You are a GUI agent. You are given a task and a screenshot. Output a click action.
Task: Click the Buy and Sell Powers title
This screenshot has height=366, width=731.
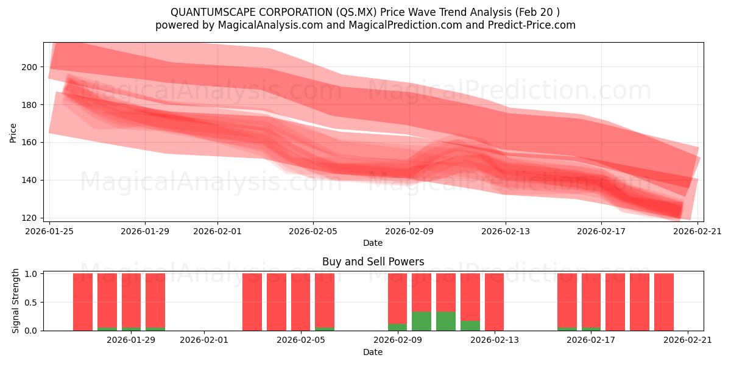(x=373, y=262)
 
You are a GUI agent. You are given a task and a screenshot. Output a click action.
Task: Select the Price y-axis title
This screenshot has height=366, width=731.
(x=13, y=132)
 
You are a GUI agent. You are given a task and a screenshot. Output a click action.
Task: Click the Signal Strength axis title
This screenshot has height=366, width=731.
(x=16, y=301)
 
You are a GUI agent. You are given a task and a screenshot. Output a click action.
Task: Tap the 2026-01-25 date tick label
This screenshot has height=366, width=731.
(x=49, y=231)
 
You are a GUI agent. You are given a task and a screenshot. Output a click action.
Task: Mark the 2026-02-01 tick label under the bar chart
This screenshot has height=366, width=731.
(x=203, y=340)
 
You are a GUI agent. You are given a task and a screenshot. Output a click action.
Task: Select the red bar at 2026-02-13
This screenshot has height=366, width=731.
(x=494, y=301)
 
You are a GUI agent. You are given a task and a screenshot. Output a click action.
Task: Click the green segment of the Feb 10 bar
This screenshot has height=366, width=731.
(x=422, y=321)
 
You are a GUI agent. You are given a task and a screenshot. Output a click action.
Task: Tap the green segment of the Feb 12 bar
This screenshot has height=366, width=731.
(x=470, y=326)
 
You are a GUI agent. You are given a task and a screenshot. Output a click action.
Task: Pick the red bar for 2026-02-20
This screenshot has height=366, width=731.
(x=663, y=301)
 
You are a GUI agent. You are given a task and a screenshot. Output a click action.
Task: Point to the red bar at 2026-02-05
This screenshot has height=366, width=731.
(x=300, y=301)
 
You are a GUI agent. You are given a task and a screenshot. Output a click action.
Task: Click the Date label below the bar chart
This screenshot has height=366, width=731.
(x=373, y=352)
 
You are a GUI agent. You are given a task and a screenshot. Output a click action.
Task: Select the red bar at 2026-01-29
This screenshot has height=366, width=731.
(x=131, y=300)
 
